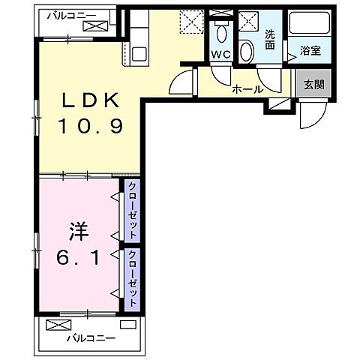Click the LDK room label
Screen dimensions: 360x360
point(88,100)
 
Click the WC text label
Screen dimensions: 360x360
point(220,55)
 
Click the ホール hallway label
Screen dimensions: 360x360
point(247,89)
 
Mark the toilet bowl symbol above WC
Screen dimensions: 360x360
point(220,33)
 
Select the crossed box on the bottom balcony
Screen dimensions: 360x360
point(57,325)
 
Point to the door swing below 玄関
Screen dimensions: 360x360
point(309,115)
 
